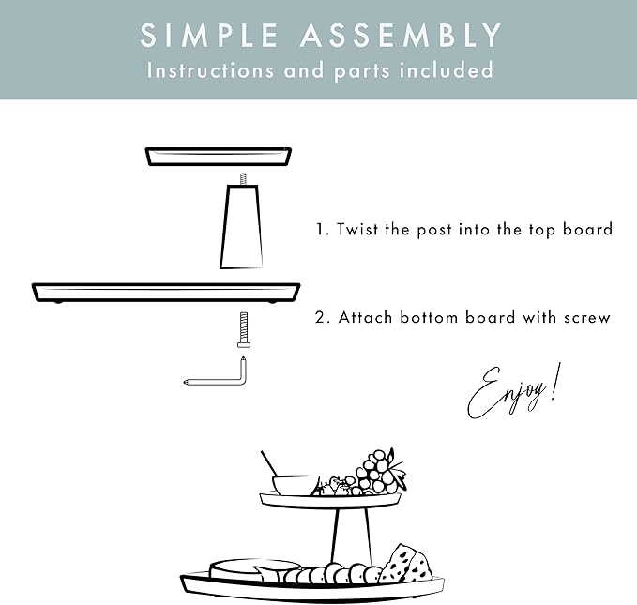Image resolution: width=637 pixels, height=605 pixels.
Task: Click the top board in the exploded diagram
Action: (x=217, y=155)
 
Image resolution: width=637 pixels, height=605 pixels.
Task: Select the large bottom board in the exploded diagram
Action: (x=165, y=291)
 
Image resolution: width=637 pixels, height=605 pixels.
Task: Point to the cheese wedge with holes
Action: (x=405, y=565)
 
